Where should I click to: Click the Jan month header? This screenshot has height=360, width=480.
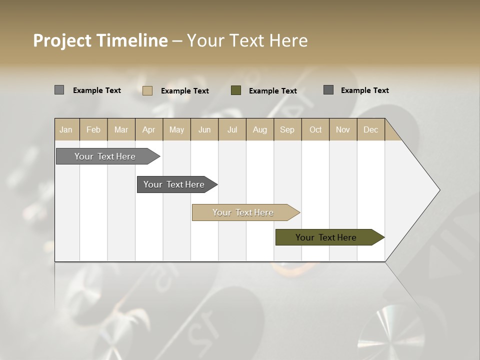tap(66, 129)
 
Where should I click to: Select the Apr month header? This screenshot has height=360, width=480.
tap(148, 129)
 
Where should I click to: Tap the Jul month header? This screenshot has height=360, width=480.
tap(232, 129)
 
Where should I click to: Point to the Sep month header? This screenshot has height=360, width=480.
tap(287, 129)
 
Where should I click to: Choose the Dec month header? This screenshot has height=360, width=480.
tap(370, 129)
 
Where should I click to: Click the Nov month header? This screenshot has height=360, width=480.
tap(342, 129)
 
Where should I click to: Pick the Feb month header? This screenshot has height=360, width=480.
tap(93, 129)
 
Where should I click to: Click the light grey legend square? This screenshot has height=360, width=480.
tap(59, 90)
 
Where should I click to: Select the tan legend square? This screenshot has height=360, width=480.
tap(147, 90)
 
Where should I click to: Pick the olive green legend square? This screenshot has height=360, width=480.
tap(235, 90)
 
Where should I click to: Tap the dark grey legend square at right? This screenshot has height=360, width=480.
tap(328, 90)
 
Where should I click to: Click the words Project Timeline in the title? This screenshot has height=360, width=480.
tap(100, 40)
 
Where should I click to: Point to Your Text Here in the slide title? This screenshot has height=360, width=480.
tap(247, 40)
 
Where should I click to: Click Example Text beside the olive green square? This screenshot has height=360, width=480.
tap(272, 90)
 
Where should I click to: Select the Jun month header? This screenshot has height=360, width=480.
tap(204, 129)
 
